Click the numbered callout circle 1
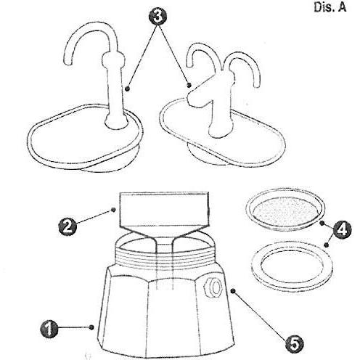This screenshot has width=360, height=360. tap(49, 330)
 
